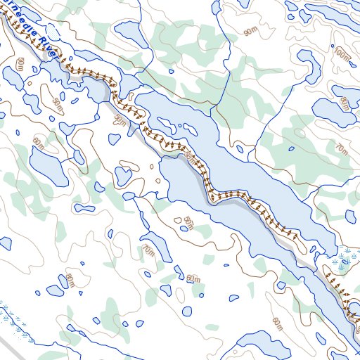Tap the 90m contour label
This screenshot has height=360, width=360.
250,32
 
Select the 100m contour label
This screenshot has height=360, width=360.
342,53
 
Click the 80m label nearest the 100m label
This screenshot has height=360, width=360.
344,103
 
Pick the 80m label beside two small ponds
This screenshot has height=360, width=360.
70,280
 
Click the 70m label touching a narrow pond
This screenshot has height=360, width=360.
148,251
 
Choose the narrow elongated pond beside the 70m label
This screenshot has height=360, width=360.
158,243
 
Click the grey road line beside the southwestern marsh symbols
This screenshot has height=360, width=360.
14,345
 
